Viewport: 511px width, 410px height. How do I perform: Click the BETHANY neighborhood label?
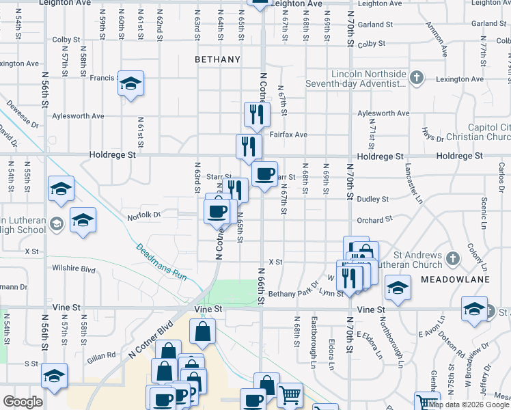pyautogui.click(x=217, y=59)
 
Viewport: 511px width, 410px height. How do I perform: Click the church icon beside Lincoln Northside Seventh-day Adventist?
pyautogui.click(x=417, y=78)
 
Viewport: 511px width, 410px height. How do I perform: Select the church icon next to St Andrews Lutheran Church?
pyautogui.click(x=452, y=259)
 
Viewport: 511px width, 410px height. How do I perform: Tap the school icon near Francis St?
pyautogui.click(x=130, y=85)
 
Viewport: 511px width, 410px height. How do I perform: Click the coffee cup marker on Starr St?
pyautogui.click(x=264, y=174)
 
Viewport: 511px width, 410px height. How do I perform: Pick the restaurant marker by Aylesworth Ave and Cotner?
pyautogui.click(x=256, y=114)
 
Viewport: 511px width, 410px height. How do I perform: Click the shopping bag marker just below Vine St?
pyautogui.click(x=204, y=333)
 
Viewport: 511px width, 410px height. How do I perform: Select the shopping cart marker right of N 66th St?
pyautogui.click(x=290, y=394)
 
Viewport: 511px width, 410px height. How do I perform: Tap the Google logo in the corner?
pyautogui.click(x=22, y=402)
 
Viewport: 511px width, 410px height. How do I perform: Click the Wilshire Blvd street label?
pyautogui.click(x=79, y=269)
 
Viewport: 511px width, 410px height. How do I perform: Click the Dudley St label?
pyautogui.click(x=372, y=199)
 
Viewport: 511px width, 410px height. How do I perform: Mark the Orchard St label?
pyautogui.click(x=374, y=220)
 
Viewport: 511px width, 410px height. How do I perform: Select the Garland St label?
pyautogui.click(x=373, y=24)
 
